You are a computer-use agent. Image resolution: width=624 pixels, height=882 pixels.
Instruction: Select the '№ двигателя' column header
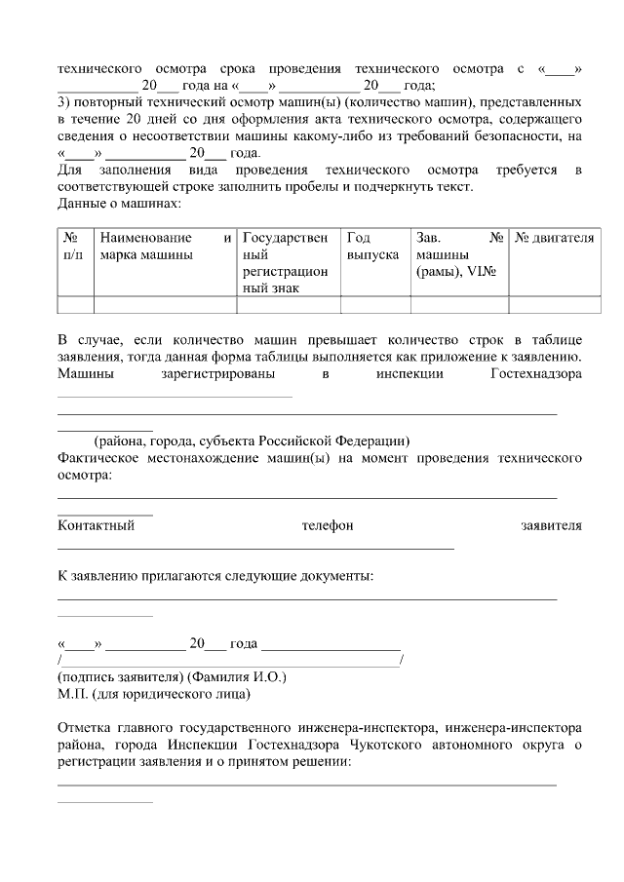click(554, 238)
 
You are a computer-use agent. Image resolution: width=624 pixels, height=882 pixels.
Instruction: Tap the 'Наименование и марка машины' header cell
click(165, 246)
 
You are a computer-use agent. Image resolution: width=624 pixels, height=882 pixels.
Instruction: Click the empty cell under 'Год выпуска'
click(374, 304)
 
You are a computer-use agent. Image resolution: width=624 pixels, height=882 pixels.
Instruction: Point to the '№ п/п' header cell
click(72, 246)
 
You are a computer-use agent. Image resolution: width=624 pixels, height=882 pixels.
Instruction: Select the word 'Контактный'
click(97, 526)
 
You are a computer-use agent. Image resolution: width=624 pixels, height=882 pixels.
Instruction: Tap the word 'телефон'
click(328, 526)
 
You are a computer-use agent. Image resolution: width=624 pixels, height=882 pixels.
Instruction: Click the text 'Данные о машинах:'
click(120, 203)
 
